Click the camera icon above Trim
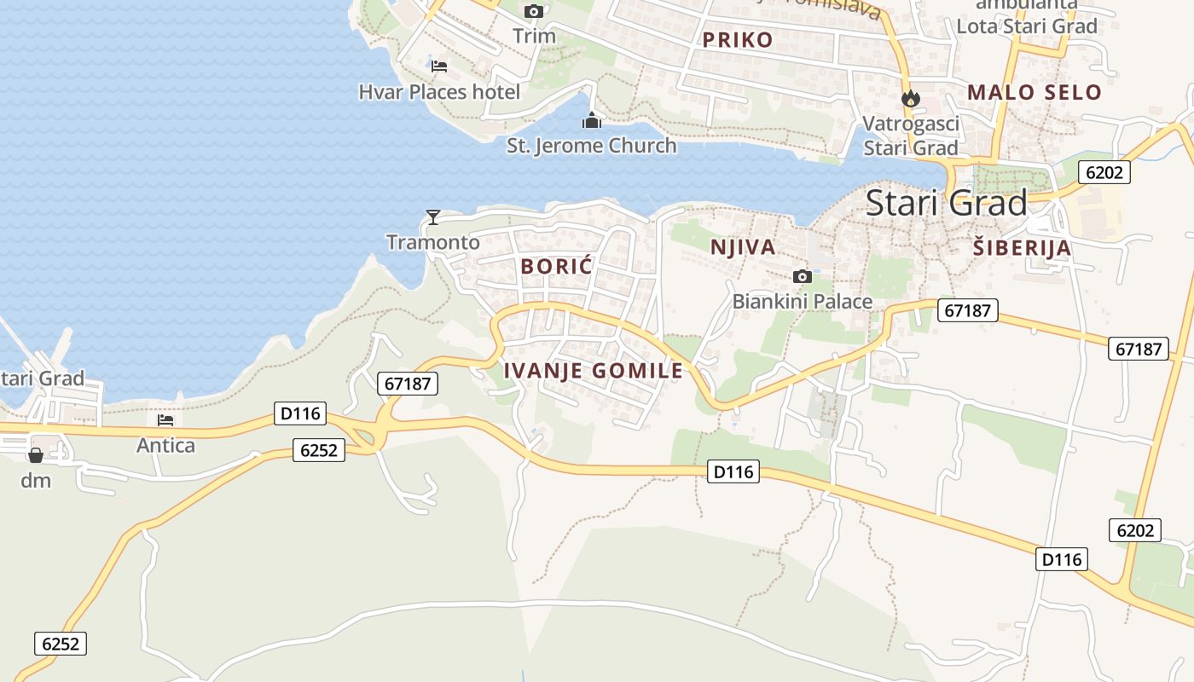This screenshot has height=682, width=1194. (534, 11)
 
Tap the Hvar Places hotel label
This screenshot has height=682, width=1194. (439, 91)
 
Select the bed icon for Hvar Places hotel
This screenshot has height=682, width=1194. (439, 66)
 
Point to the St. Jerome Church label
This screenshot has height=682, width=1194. (592, 146)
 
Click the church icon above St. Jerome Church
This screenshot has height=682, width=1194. (592, 120)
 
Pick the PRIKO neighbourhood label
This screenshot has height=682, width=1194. (738, 39)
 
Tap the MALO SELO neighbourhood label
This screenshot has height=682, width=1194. (1035, 92)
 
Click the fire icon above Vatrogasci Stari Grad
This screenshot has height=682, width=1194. (911, 98)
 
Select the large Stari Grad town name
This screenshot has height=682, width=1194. (947, 203)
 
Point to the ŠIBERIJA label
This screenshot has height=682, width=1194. (1022, 248)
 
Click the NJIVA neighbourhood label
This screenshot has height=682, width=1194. (743, 247)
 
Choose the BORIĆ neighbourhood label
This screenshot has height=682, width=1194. (556, 266)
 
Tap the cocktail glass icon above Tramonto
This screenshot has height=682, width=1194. (433, 217)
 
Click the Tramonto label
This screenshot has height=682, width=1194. (433, 242)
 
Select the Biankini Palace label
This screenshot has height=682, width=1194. (803, 301)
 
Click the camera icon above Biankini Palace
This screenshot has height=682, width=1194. (802, 276)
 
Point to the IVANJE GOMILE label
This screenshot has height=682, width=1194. (594, 371)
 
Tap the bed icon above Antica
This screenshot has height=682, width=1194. (165, 420)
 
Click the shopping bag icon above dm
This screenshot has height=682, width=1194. (36, 455)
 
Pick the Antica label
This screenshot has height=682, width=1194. (165, 445)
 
